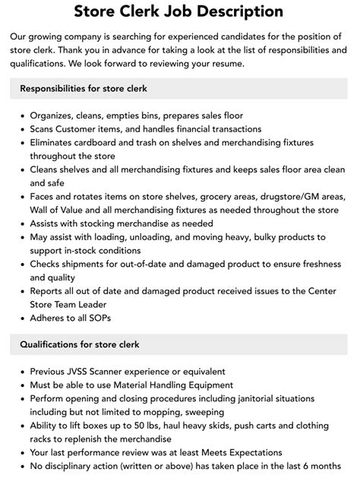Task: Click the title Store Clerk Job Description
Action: (x=179, y=11)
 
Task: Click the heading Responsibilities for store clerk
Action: (x=84, y=89)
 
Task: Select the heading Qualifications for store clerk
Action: (x=79, y=344)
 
